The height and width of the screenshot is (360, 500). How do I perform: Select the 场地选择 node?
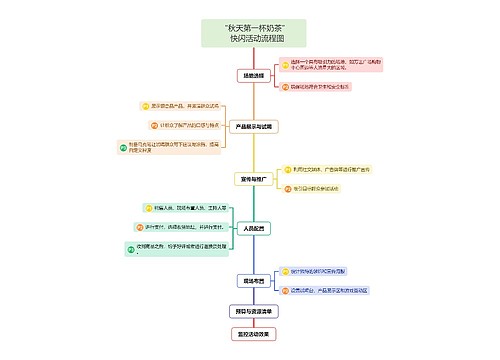(x=255, y=76)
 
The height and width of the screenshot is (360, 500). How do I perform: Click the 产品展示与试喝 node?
(x=254, y=127)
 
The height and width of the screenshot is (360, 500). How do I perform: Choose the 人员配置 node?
(x=254, y=228)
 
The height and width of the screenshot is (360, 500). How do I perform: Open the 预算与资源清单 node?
(x=254, y=311)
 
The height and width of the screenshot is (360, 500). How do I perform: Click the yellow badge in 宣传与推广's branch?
(x=285, y=168)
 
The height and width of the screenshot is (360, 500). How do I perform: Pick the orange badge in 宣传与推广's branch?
(x=285, y=187)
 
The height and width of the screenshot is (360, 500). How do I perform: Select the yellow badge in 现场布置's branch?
(x=285, y=270)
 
